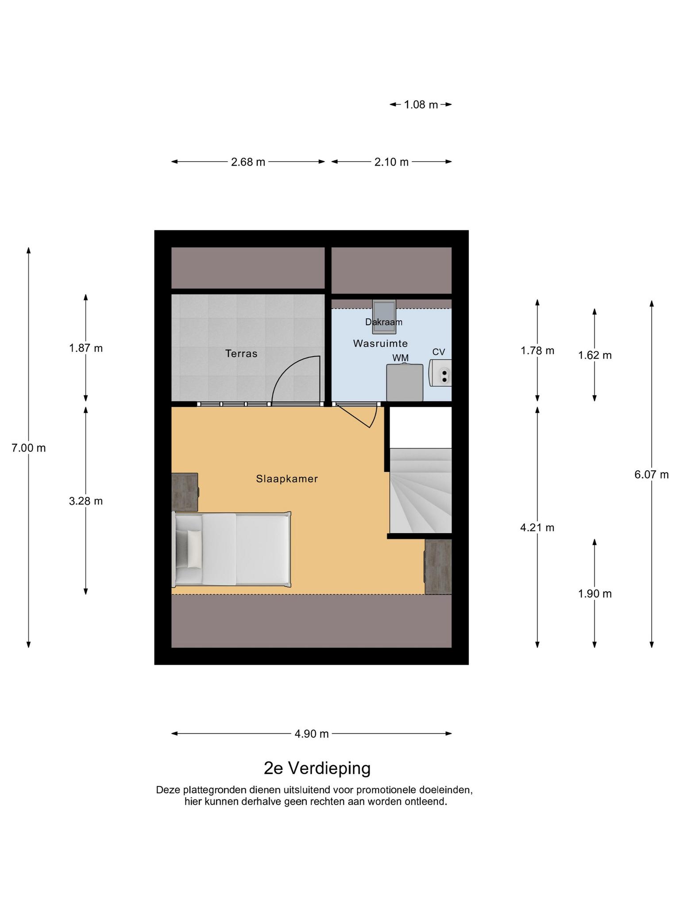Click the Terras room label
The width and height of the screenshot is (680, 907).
(241, 353)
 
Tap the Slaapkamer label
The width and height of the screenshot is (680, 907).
(287, 479)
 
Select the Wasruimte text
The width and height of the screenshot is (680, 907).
(380, 343)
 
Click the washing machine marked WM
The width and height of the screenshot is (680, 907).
(405, 383)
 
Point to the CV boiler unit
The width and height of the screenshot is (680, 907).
(440, 372)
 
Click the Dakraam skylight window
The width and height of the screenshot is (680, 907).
(384, 317)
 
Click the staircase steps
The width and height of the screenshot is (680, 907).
(421, 491)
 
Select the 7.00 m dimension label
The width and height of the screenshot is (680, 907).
(29, 448)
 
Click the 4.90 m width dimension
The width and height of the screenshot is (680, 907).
(312, 734)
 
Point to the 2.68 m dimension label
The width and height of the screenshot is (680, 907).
(248, 162)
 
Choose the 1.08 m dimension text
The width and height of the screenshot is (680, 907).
(421, 105)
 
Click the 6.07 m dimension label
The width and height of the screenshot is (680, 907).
(651, 475)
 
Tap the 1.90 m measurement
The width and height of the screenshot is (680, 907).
(595, 594)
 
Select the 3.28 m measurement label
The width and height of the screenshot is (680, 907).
(86, 501)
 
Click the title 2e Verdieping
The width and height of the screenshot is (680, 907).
(317, 768)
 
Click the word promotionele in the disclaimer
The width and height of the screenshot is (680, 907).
(382, 790)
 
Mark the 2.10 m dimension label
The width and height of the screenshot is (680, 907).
(391, 162)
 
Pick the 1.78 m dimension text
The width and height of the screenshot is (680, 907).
(537, 351)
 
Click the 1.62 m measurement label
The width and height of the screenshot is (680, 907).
(595, 355)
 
